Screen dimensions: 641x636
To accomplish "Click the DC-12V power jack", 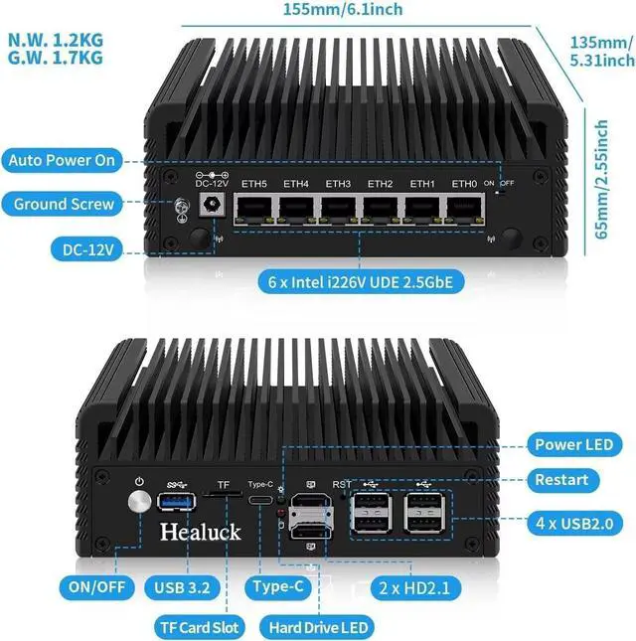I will (x=211, y=207).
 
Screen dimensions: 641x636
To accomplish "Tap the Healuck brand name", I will (x=200, y=532).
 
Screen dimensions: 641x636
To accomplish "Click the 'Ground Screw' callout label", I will (x=65, y=205).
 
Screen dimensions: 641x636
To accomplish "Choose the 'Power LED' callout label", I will (x=573, y=444).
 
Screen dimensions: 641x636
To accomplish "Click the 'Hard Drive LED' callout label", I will (x=314, y=627).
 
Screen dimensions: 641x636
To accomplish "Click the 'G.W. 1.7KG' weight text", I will (x=56, y=58).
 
